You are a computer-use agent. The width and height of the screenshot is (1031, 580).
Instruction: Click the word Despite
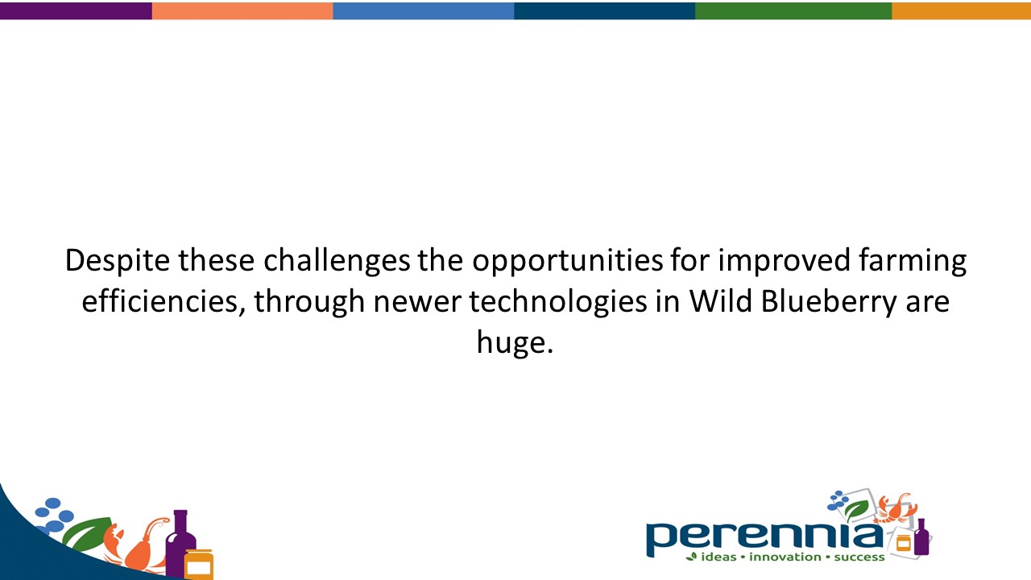(118, 261)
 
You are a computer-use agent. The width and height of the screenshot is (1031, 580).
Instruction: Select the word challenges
(337, 261)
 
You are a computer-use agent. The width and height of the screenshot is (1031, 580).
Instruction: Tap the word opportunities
(568, 261)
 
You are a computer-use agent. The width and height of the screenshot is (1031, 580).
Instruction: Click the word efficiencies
(164, 302)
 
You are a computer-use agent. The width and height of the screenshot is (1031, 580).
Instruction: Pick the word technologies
(558, 302)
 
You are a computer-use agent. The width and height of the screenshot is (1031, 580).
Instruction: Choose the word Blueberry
(829, 302)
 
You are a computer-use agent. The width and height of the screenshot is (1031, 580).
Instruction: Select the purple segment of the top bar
(76, 10)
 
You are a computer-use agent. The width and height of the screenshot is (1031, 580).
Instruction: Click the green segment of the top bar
(793, 10)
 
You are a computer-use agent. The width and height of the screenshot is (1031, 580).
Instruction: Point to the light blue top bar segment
(424, 10)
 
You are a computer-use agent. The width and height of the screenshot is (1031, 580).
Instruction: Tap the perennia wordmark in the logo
(764, 537)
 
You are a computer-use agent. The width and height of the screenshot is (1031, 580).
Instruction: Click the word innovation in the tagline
(785, 557)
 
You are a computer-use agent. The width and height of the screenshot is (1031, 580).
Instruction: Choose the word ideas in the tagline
(718, 557)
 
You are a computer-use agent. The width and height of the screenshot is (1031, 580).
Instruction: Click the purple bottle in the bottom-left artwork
(180, 543)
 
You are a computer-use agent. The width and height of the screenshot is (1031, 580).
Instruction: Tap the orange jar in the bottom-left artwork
(198, 563)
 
